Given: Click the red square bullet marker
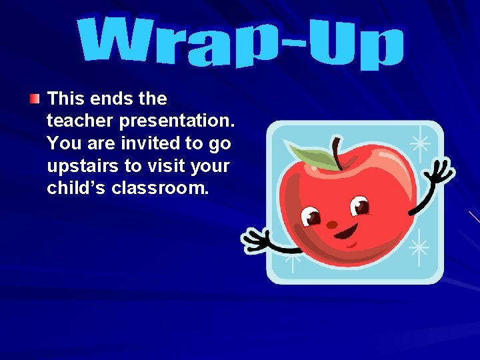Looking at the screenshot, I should [x=34, y=99].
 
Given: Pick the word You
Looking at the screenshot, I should [x=63, y=143].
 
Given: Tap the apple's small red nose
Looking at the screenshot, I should [x=332, y=225].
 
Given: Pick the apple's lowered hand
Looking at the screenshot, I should [x=257, y=240].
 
